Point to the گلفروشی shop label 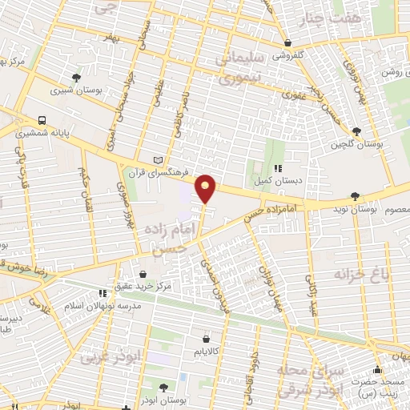tap(289, 56)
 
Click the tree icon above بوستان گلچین tap(356, 131)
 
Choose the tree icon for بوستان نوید tap(356, 195)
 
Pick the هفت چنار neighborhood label tap(335, 17)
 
